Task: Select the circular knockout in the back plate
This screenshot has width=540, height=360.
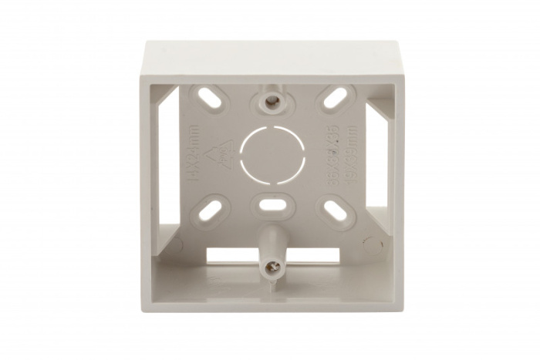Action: pos(273,153)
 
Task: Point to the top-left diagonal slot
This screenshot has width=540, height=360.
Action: pos(208,96)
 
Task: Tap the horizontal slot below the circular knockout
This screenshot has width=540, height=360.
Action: pos(271,206)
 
